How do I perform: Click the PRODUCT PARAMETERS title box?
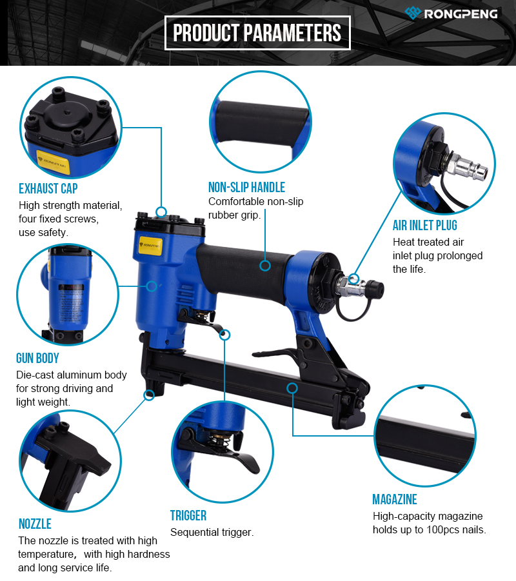pyautogui.click(x=257, y=33)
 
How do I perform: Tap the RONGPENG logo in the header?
pyautogui.click(x=451, y=14)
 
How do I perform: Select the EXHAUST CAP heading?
pyautogui.click(x=48, y=188)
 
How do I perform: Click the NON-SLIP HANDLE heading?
pyautogui.click(x=246, y=188)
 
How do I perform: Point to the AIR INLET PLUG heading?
pyautogui.click(x=425, y=225)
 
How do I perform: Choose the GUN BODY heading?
pyautogui.click(x=37, y=359)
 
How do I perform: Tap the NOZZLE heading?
pyautogui.click(x=35, y=524)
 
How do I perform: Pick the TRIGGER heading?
pyautogui.click(x=188, y=515)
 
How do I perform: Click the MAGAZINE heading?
pyautogui.click(x=395, y=500)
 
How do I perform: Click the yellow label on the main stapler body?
pyautogui.click(x=150, y=245)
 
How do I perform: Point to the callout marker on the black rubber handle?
pyautogui.click(x=265, y=265)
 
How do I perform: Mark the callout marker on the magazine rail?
pyautogui.click(x=292, y=388)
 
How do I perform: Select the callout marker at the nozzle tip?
pyautogui.click(x=150, y=395)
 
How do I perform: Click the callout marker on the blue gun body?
pyautogui.click(x=152, y=286)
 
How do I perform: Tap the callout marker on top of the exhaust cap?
pyautogui.click(x=161, y=212)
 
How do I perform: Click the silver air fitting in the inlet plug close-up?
pyautogui.click(x=467, y=167)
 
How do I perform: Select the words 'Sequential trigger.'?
pyautogui.click(x=212, y=533)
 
